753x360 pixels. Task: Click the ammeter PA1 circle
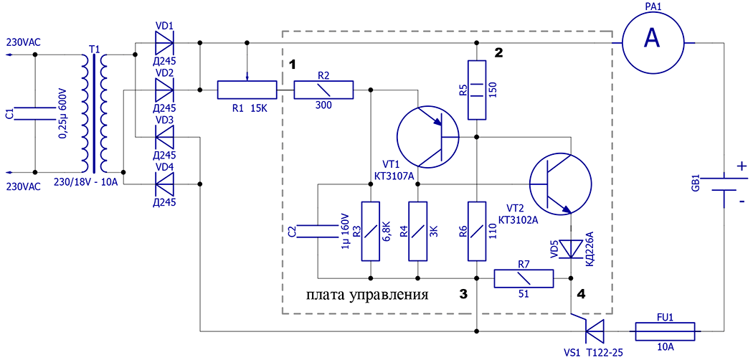coord(651,39)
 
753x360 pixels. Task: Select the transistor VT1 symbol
coord(428,136)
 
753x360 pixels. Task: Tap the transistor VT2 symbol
coord(560,184)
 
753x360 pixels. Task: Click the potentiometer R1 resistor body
coord(247,90)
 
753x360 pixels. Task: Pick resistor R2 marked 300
coord(323,90)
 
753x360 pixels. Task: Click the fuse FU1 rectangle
coord(666,331)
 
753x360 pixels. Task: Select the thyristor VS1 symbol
coord(592,331)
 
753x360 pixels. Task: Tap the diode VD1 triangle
coord(164,44)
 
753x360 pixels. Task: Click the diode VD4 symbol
coord(164,184)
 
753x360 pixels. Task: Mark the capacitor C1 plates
coord(34,113)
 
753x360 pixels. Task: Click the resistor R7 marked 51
coord(524,278)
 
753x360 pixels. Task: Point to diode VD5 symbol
coord(571,248)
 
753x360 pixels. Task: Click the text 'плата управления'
coord(367,295)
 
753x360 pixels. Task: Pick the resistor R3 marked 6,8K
coord(370,231)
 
